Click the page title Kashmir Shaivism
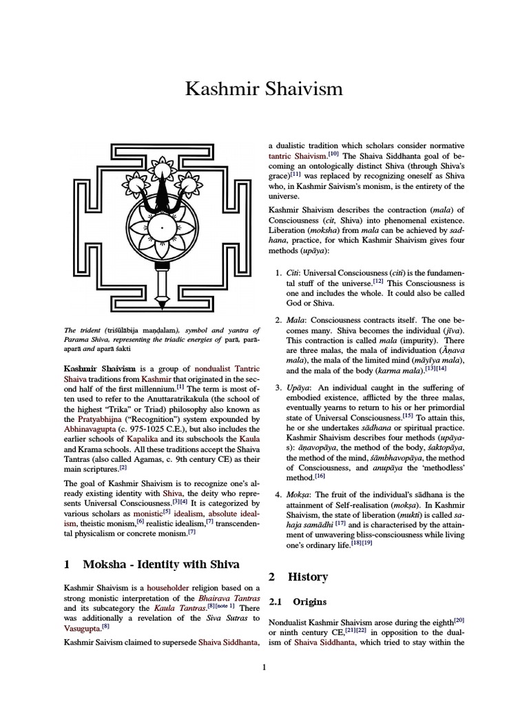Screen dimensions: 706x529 point(264,90)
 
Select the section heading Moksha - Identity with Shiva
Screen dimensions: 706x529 point(160,564)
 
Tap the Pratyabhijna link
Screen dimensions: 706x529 point(103,418)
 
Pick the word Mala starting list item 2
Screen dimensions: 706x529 point(297,320)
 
